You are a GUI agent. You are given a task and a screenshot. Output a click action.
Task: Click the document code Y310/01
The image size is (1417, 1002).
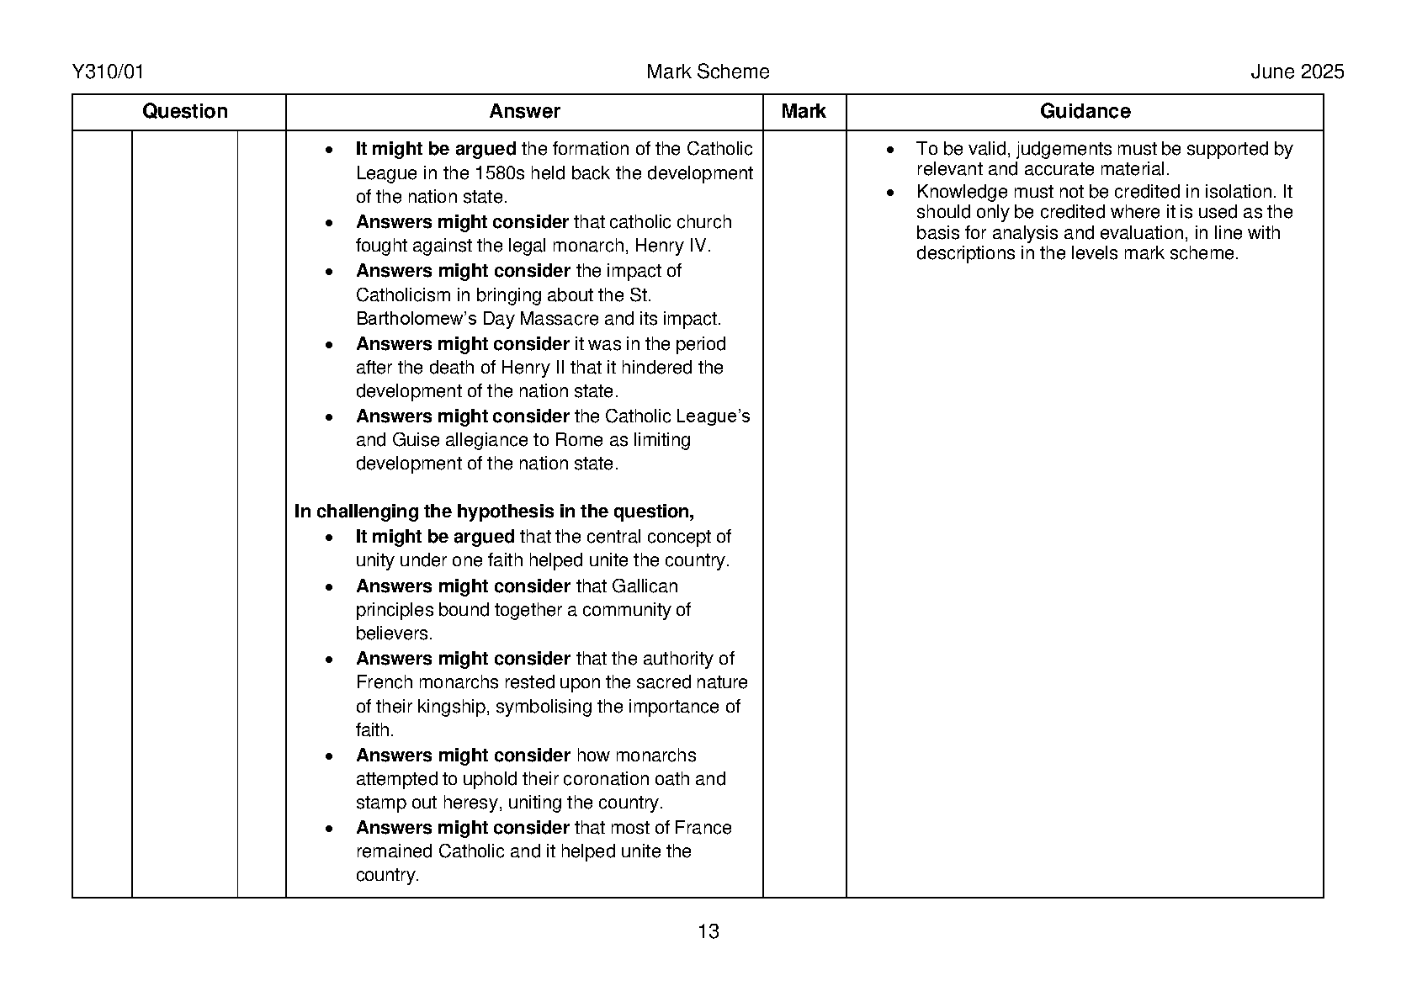109,72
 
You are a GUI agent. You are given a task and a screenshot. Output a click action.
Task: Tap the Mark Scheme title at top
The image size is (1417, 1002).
708,72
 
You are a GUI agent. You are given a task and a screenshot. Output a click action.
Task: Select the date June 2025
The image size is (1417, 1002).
1297,72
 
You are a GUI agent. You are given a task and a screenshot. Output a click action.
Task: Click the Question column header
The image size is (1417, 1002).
185,112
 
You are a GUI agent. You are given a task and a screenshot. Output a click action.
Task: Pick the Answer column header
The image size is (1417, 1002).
524,112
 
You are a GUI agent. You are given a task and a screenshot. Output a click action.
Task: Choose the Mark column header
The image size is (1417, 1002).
804,112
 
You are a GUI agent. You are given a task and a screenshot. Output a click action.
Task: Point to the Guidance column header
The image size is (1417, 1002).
1085,112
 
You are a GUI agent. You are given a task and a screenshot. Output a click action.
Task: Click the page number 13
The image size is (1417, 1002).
708,931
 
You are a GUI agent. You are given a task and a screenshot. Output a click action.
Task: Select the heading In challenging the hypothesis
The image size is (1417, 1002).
494,512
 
